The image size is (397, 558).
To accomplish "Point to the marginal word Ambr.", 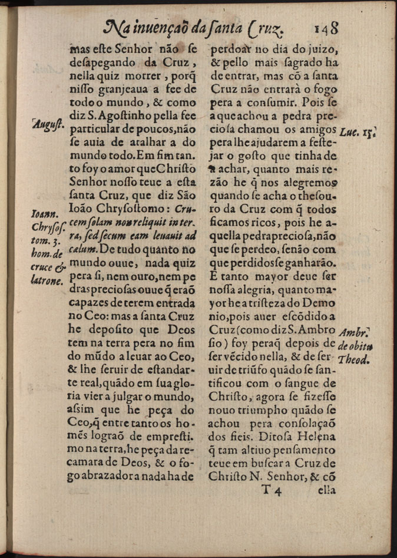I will [355, 331].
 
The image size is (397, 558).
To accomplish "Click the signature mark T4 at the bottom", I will [273, 488].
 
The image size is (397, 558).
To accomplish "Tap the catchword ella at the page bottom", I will [326, 488].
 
